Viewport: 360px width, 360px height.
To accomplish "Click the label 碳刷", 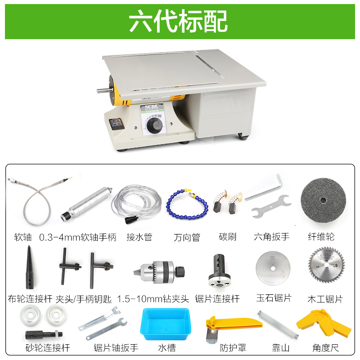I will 228,237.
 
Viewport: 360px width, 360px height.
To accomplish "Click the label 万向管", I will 187,237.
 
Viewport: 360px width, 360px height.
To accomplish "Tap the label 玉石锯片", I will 274,298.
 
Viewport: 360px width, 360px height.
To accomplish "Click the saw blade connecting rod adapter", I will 219,271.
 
